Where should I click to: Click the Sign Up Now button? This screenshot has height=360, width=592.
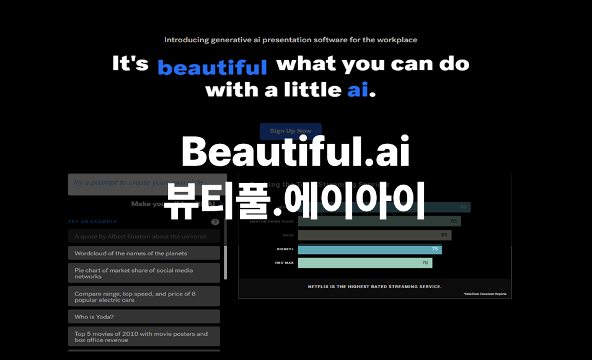click(290, 131)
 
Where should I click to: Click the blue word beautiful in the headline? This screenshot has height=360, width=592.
click(212, 67)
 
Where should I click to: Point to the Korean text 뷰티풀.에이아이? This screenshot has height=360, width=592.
click(295, 203)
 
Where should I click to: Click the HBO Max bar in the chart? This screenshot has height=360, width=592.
click(364, 263)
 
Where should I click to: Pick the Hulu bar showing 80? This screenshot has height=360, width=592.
click(374, 235)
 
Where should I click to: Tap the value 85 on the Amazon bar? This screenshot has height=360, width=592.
click(454, 221)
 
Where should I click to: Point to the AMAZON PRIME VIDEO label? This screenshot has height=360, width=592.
click(271, 221)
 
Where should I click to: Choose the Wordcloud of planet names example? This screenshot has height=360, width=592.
click(144, 253)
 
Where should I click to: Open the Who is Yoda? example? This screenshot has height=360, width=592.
click(144, 317)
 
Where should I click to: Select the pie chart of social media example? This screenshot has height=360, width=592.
click(144, 273)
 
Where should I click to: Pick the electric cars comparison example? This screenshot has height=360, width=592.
click(144, 296)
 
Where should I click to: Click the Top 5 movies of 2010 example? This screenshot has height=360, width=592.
click(144, 336)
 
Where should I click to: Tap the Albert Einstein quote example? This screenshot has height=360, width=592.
click(144, 236)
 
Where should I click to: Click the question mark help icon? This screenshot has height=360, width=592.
click(215, 222)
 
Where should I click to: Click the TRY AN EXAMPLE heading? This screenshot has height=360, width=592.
click(92, 221)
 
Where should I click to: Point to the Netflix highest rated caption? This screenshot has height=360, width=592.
click(374, 286)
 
